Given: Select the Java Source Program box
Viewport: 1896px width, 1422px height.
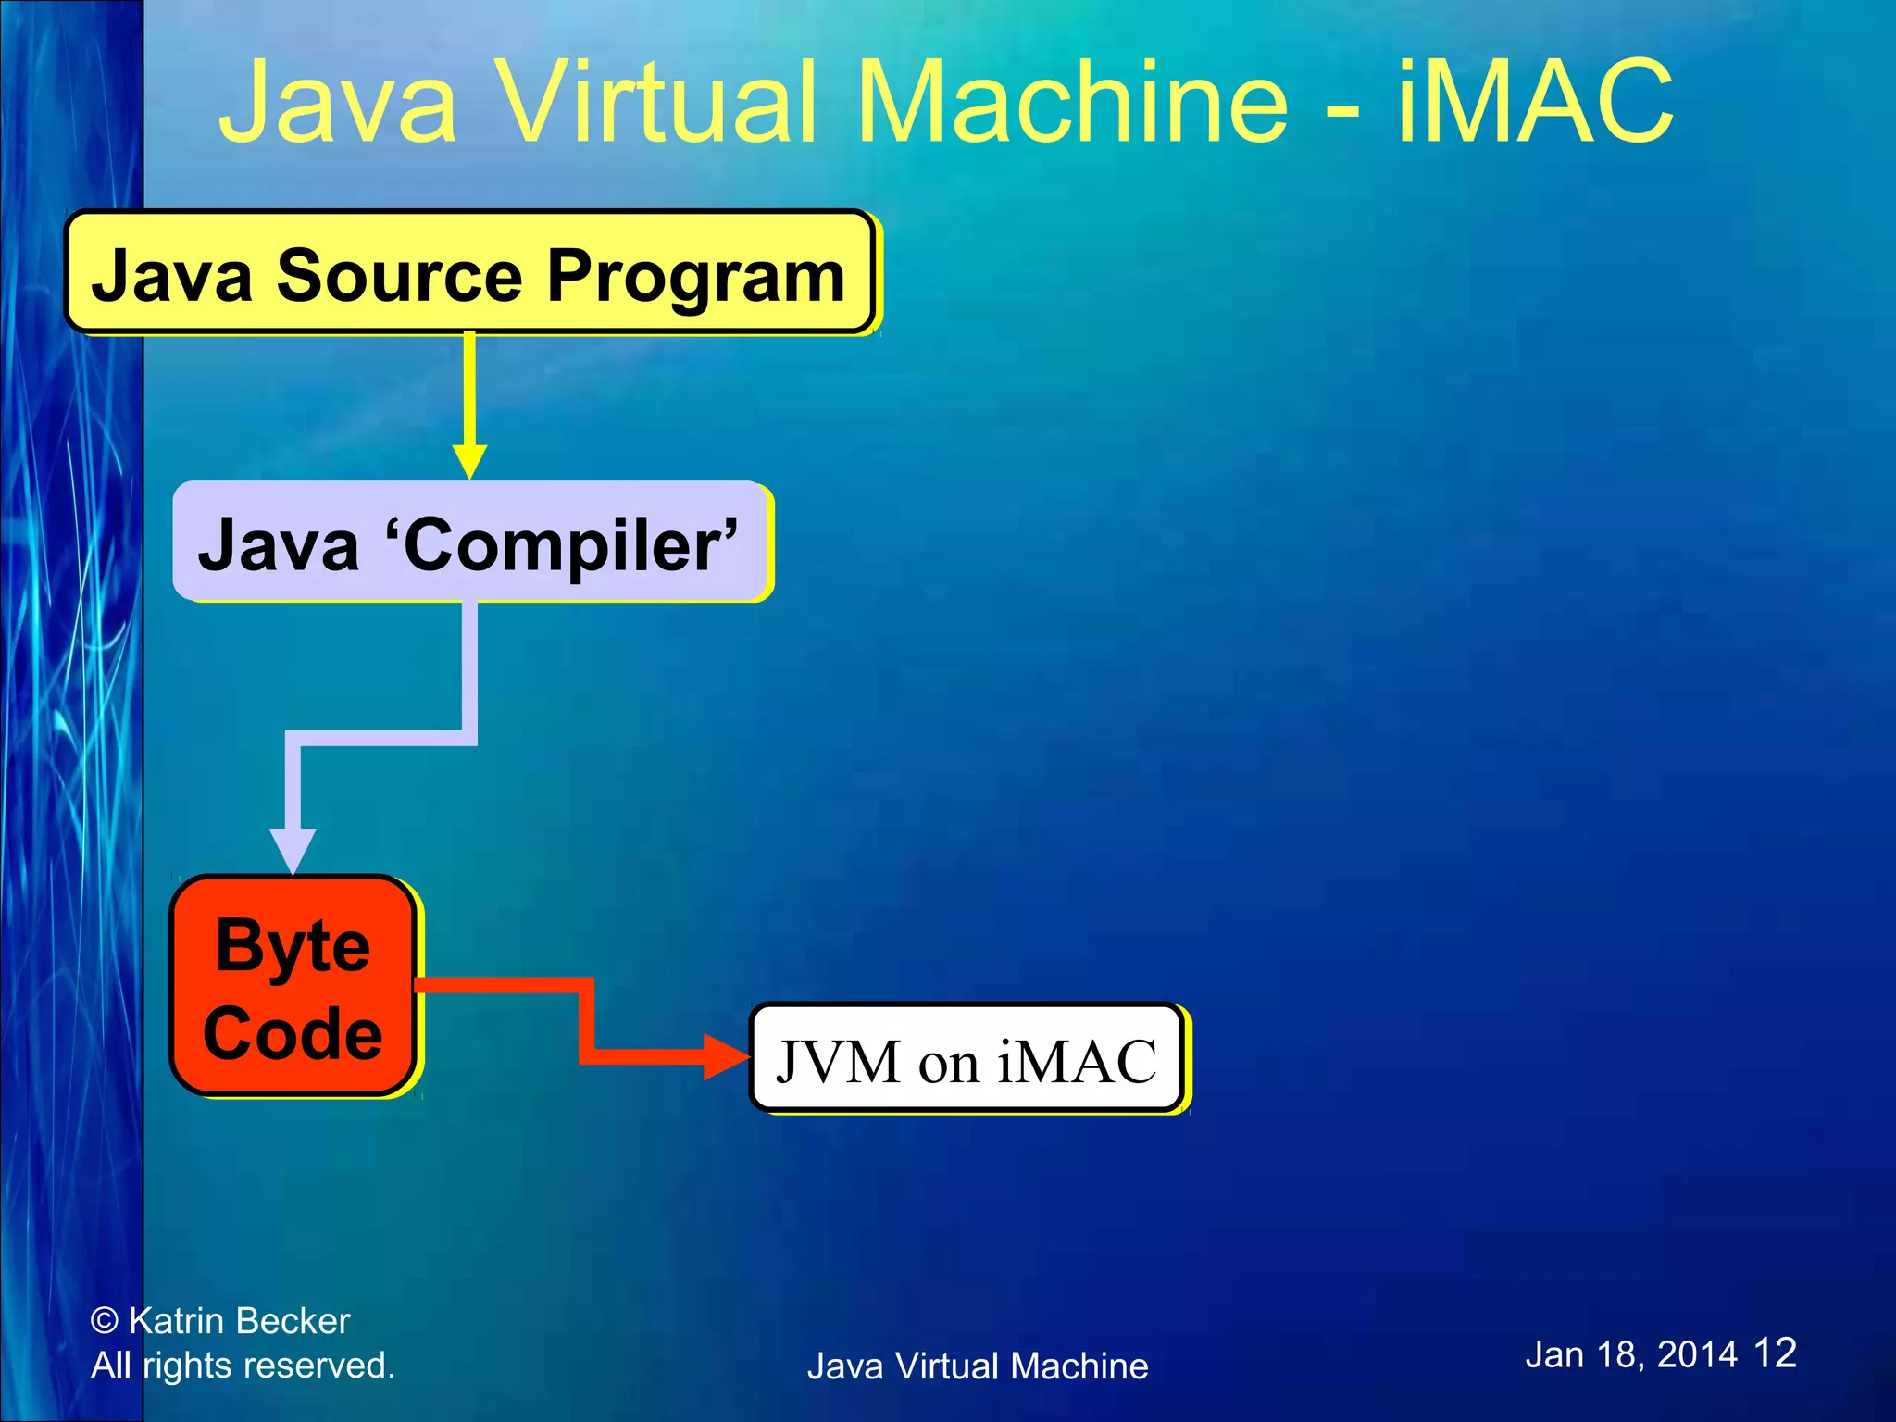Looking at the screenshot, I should tap(469, 272).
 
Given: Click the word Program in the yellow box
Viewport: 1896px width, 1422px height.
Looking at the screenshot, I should tap(695, 276).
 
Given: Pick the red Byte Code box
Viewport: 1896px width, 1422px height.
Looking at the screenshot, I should tap(293, 985).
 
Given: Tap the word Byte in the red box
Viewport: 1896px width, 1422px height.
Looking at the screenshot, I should tap(293, 946).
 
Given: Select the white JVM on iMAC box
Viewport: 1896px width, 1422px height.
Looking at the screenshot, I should tap(966, 1057).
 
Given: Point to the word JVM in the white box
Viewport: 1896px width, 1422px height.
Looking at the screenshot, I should tap(837, 1061).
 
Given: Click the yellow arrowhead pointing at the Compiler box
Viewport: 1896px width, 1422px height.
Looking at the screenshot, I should tap(469, 461).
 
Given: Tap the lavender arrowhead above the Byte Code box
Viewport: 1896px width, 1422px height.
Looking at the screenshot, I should tap(293, 850).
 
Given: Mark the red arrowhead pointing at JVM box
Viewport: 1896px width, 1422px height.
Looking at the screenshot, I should tap(726, 1056).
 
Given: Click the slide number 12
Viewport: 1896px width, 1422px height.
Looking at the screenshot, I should tap(1775, 1353).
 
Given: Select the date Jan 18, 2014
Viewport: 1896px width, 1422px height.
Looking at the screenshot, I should tap(1630, 1354).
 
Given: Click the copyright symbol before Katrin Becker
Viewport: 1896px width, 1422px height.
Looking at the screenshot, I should tap(105, 1320).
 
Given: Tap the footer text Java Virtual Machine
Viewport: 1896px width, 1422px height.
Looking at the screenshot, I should tap(977, 1366).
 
